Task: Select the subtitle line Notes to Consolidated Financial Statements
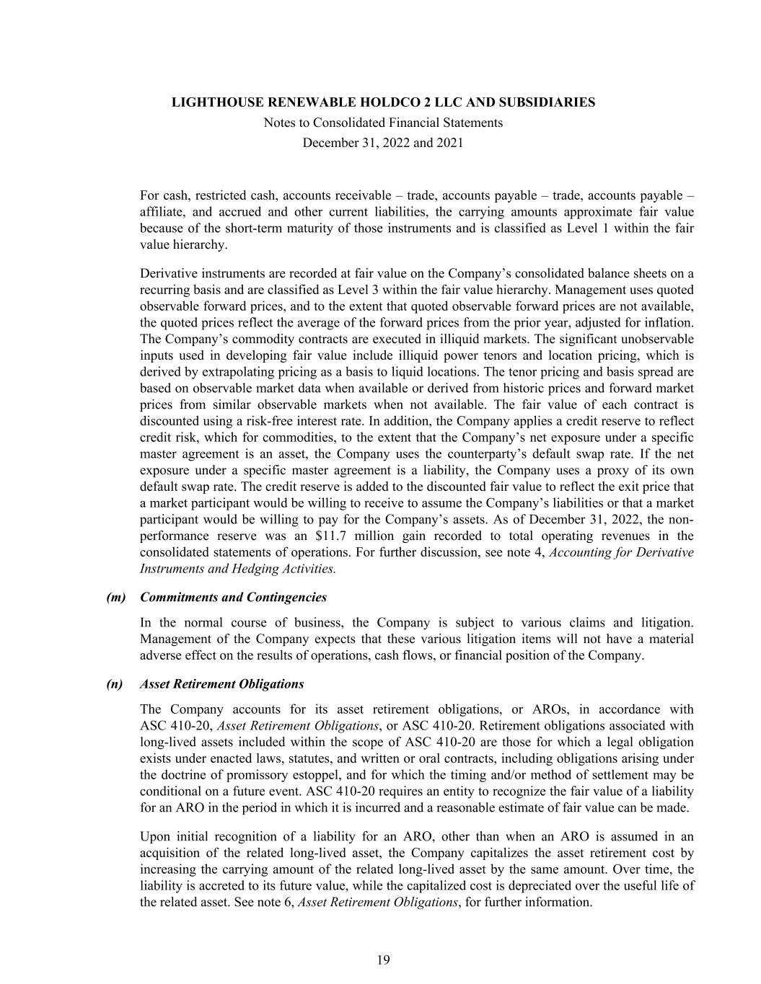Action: coord(383,123)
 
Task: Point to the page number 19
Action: coord(383,959)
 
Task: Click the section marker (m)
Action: coord(116,598)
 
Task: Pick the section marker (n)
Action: coord(115,684)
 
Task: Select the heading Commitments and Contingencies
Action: coord(233,598)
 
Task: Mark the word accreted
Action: coord(214,886)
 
